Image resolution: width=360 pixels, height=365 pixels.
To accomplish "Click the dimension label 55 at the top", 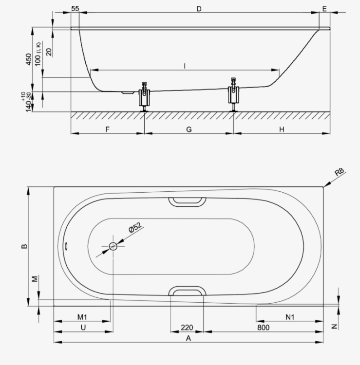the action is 75,9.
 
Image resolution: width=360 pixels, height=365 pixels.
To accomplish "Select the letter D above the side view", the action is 199,9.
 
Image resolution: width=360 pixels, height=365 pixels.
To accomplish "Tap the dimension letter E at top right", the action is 324,9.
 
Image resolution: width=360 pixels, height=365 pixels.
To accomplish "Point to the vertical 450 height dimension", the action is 28,59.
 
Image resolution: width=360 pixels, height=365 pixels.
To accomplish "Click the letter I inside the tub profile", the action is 185,66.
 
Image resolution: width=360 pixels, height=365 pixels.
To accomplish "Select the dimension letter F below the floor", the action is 108,129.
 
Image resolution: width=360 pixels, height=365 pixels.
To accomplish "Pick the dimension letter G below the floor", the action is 189,129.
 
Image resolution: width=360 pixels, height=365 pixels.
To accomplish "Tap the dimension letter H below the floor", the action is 282,129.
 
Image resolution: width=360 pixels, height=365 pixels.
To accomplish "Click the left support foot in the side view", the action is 145,97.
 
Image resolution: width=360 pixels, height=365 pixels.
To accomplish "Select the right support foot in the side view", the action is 233,95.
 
